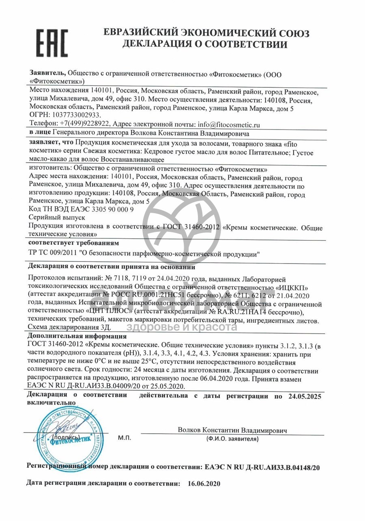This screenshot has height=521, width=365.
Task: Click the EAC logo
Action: click(52, 43)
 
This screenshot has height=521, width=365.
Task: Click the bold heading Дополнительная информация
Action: click(77, 337)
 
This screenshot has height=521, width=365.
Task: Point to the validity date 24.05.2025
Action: click(302, 396)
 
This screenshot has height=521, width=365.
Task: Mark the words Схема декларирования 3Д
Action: click(69, 327)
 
